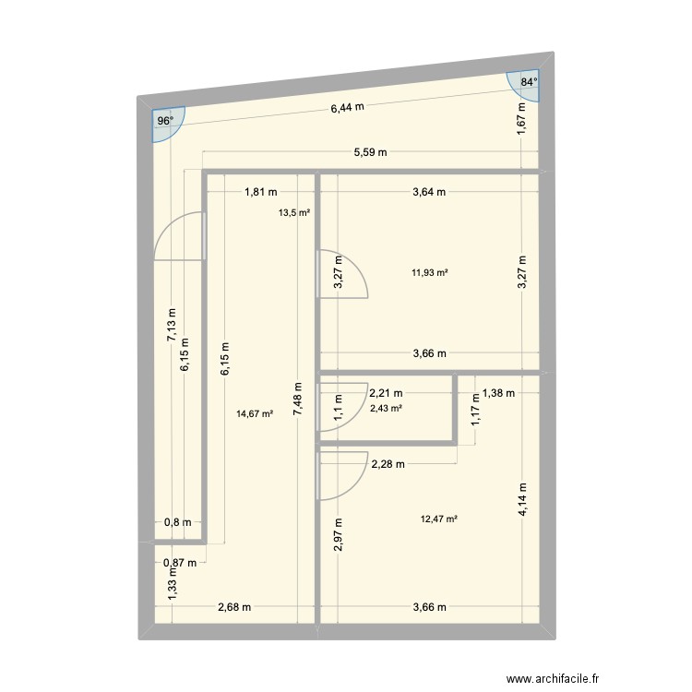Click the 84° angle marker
coord(528,82)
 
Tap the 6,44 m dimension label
coord(348,107)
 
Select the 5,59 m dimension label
coord(370,152)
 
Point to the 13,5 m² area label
coord(294,212)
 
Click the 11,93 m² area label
coord(430,272)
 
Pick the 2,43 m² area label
coord(386,408)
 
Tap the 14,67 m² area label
coord(255,414)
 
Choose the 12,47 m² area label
coord(439,519)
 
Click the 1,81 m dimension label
coord(260,192)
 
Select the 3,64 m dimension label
coord(430,192)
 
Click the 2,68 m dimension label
coord(233,607)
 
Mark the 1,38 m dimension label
coord(498,393)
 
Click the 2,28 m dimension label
coord(388,464)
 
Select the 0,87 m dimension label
coord(179,562)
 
